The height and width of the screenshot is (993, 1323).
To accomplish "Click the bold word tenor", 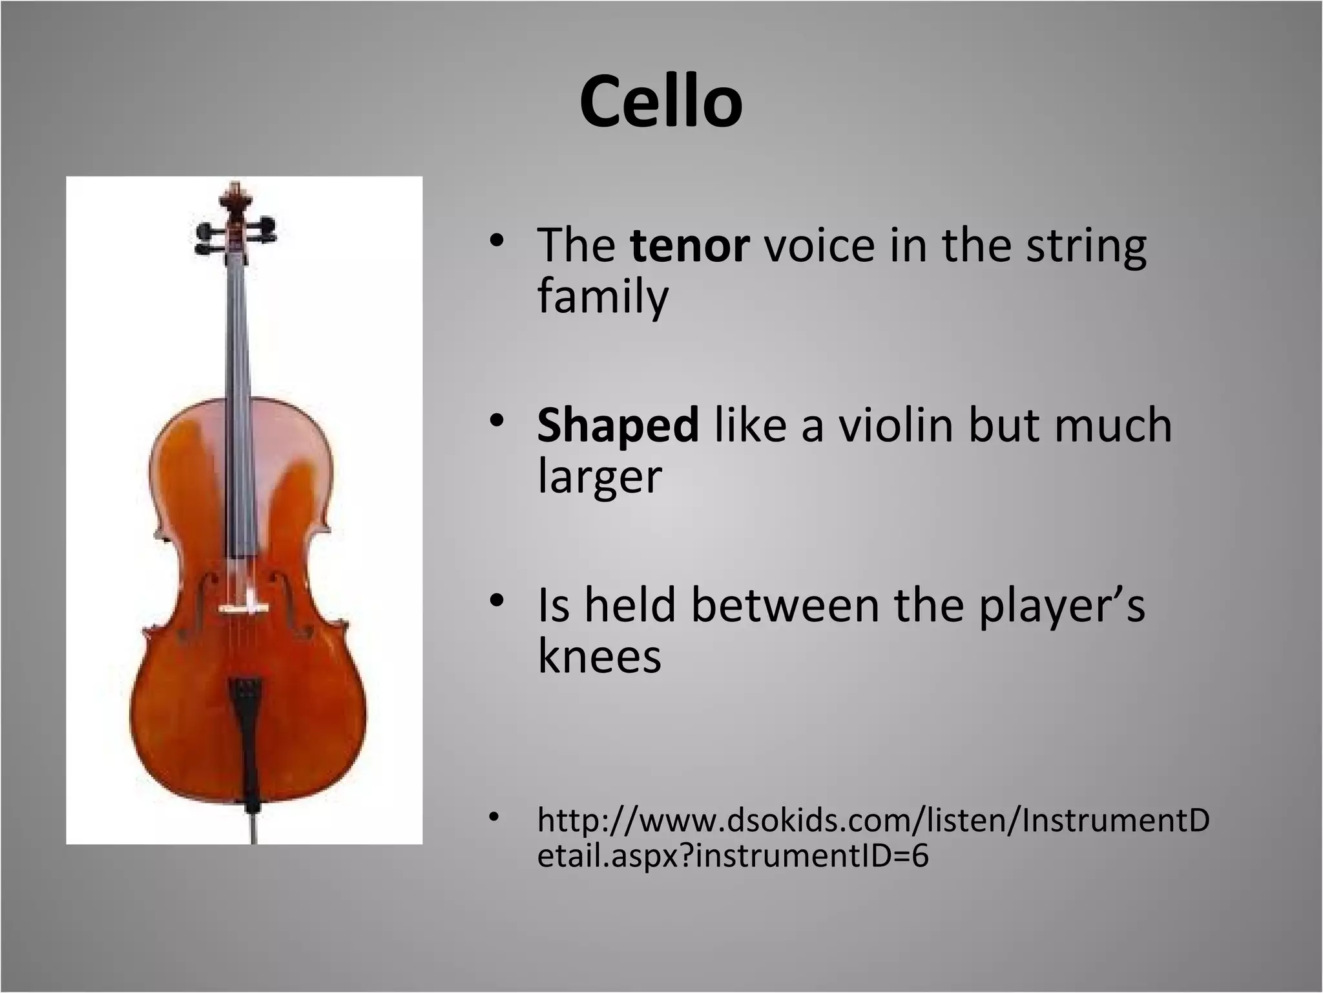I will (690, 246).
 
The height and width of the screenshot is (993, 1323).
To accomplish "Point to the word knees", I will (599, 657).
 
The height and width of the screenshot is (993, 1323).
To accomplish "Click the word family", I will (603, 297).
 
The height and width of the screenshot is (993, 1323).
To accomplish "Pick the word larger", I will (599, 477).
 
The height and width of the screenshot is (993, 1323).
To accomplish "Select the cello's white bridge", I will (242, 608).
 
